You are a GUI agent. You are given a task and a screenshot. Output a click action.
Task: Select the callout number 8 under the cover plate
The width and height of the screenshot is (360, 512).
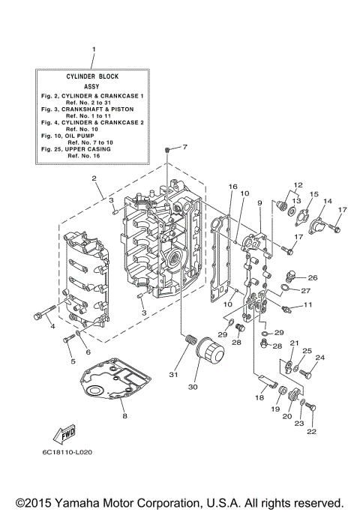[124, 415]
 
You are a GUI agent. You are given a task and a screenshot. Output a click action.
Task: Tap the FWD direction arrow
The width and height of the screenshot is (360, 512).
[63, 434]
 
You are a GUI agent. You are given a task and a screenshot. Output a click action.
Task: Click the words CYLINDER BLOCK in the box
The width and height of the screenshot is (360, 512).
[94, 76]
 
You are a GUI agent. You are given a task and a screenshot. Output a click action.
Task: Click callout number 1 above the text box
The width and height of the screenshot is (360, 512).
[94, 49]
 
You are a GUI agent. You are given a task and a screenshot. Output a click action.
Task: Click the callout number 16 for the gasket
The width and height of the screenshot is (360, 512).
[233, 187]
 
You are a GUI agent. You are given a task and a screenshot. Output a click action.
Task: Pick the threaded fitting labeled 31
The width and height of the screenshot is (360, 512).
[188, 346]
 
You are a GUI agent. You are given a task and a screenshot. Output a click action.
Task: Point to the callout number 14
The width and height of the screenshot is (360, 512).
[327, 202]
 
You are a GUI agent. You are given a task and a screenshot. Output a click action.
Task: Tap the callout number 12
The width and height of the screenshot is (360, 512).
[298, 184]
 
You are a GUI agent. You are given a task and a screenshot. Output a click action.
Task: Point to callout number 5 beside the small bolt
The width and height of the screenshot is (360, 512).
[73, 361]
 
